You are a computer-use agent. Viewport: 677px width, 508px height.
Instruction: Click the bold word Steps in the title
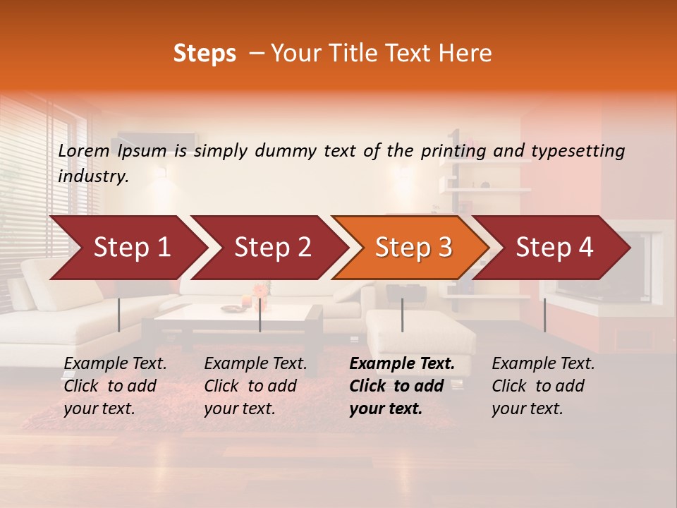coord(205,54)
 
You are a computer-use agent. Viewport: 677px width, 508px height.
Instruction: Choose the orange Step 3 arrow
coord(413,247)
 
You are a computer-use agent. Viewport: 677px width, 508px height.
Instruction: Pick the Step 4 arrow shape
coord(554,247)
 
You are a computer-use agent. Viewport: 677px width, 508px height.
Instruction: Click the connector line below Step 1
coord(118,315)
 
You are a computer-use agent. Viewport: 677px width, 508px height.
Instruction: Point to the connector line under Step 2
coord(260,315)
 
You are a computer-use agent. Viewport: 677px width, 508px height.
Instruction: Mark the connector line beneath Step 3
coord(402,315)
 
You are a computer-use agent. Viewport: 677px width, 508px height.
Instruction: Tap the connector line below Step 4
coord(544,315)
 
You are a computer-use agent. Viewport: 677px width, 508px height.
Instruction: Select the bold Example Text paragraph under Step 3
coord(402,386)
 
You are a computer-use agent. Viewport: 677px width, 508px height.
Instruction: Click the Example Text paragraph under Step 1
coord(115,386)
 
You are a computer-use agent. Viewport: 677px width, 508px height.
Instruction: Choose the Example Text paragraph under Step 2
coord(255,386)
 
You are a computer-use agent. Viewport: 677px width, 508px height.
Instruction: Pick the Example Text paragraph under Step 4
coord(543,386)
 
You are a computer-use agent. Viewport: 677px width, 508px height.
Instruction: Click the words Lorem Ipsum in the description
coord(112,151)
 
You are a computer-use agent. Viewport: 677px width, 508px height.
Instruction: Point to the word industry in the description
coord(92,176)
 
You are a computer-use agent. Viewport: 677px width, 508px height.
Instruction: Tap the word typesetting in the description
coord(578,151)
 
